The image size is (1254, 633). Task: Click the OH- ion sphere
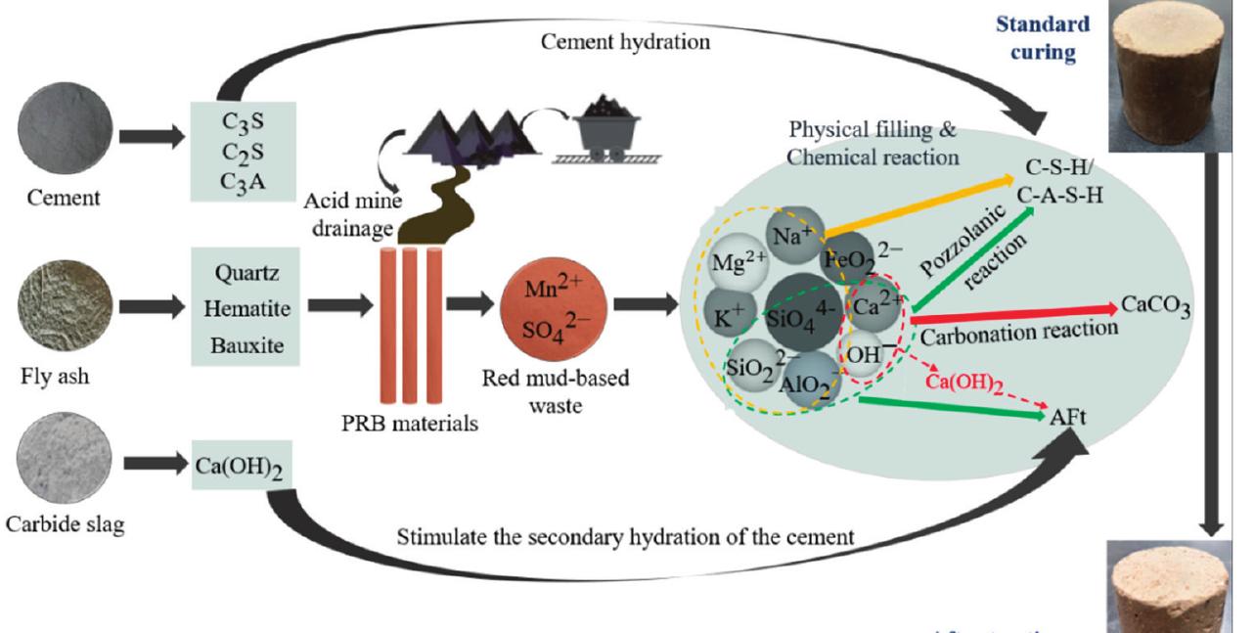point(864,357)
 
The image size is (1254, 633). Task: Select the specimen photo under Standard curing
point(1161,68)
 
